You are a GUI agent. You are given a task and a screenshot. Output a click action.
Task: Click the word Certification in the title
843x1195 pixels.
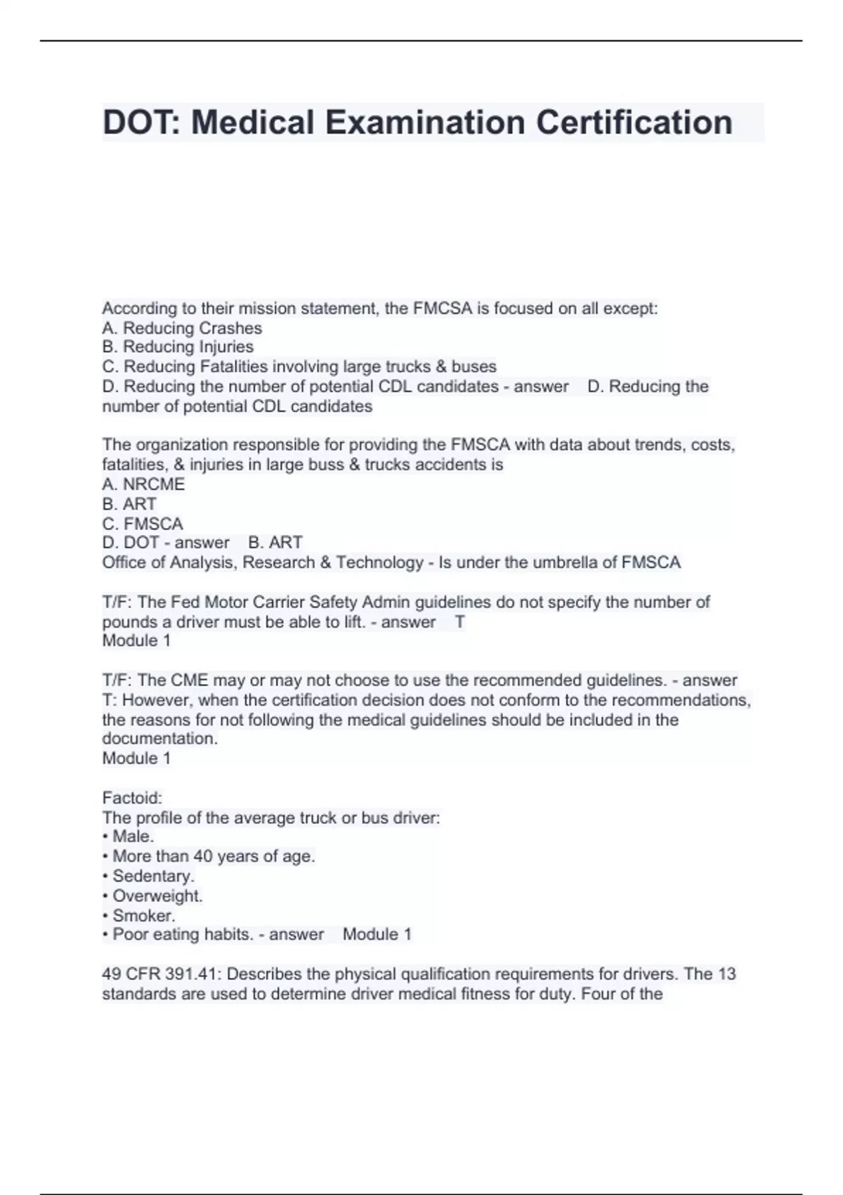[x=634, y=122]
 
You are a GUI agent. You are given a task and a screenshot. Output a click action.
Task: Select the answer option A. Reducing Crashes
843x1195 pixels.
[x=182, y=328]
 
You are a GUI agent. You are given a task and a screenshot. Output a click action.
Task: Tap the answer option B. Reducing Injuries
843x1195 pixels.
[x=178, y=347]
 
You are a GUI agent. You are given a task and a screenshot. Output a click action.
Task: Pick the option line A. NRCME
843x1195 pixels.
[x=143, y=484]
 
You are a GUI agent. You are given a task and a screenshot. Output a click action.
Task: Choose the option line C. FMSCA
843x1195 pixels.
[x=143, y=524]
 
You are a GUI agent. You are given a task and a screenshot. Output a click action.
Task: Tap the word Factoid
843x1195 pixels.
[x=132, y=798]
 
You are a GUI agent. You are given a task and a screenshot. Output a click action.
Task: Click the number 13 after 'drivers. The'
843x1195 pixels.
[x=726, y=974]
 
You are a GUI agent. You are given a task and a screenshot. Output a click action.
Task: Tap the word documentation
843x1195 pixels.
[x=159, y=739]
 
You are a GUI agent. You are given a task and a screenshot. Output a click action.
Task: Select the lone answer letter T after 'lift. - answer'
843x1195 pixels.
[x=459, y=622]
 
